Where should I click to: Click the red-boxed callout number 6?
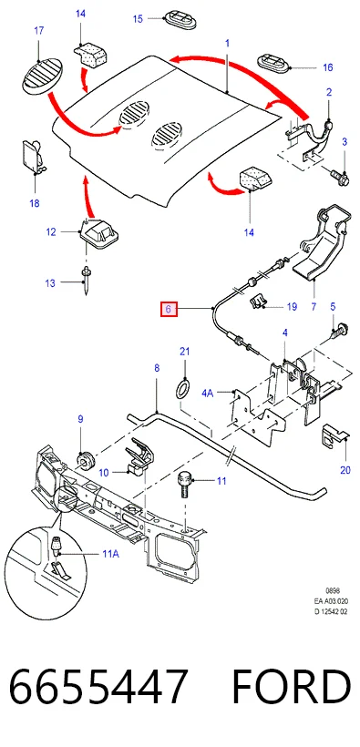point(169,310)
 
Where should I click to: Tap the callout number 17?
point(38,30)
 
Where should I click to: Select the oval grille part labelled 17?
point(42,76)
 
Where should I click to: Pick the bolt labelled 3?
point(341,175)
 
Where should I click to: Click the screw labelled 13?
point(86,281)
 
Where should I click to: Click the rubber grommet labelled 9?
point(85,462)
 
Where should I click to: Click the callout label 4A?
point(208,393)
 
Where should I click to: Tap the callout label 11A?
point(110,554)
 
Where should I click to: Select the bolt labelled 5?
point(337,331)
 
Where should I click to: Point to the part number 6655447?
point(98,687)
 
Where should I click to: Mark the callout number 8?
point(157,368)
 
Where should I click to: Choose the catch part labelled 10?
point(139,456)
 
